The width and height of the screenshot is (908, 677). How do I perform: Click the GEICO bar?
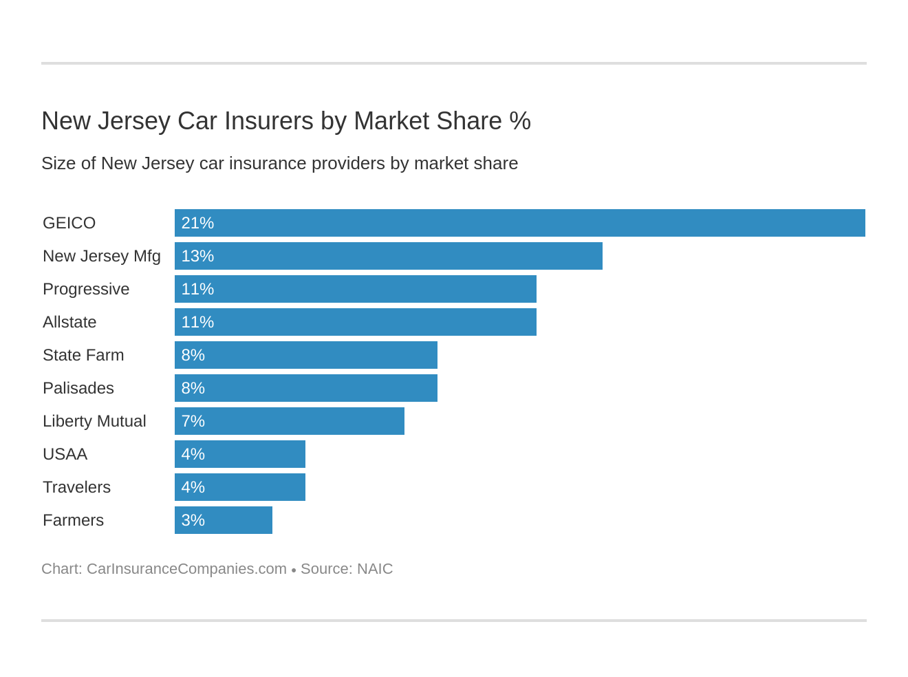519,223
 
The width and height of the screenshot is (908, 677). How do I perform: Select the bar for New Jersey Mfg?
389,256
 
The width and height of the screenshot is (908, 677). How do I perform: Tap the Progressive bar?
356,289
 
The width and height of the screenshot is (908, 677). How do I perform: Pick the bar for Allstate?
356,322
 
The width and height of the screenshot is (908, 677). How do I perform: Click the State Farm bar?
306,355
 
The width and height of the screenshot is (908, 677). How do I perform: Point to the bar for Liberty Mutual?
290,421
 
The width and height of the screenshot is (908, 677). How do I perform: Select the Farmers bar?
224,520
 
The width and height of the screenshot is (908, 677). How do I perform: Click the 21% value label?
197,223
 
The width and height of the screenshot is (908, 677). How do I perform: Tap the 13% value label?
197,256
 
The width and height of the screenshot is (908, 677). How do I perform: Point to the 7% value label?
193,421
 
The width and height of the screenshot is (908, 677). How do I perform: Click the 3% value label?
193,520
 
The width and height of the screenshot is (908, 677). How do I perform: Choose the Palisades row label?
78,388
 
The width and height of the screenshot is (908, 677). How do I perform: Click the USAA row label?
65,454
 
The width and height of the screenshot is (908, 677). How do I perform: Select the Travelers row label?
76,487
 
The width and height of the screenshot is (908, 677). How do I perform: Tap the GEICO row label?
69,223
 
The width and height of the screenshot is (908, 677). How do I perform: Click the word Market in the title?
393,121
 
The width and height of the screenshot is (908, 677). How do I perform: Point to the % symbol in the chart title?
520,121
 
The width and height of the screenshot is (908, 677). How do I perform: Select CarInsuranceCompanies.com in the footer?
186,569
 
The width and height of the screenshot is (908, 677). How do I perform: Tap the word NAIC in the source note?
375,569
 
